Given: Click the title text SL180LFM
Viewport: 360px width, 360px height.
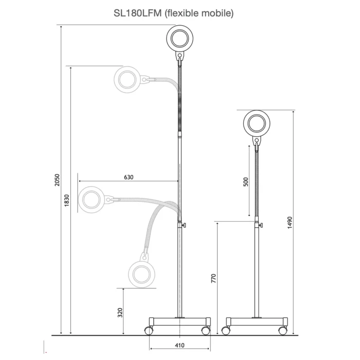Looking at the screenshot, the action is [138, 13].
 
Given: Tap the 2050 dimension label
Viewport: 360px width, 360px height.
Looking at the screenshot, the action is [57, 180].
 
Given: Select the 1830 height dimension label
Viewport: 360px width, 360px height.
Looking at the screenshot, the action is [66, 201].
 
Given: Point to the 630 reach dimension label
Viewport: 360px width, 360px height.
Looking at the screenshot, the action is [129, 177].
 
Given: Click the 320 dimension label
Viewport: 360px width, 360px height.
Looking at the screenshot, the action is [120, 313].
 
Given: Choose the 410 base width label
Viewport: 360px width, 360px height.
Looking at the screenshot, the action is [179, 345].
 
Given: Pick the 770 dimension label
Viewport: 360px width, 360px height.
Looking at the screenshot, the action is [213, 278].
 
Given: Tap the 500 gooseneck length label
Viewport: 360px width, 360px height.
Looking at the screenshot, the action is [246, 182].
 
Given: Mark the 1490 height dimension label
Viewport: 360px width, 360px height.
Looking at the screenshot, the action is [290, 223].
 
